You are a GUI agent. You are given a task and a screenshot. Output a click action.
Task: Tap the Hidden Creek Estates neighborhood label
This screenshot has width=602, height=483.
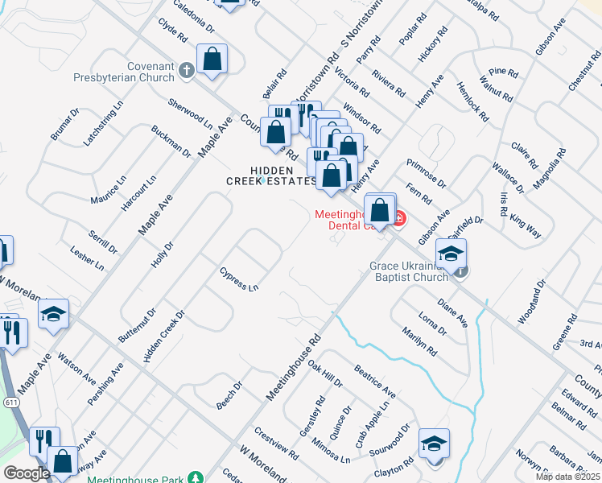tap(271, 175)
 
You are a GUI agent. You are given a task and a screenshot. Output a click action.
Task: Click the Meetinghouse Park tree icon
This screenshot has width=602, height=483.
tap(195, 478)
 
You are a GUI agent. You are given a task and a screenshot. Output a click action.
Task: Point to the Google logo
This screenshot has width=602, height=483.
tap(26, 473)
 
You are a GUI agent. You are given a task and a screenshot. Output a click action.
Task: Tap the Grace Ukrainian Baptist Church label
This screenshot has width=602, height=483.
tap(408, 271)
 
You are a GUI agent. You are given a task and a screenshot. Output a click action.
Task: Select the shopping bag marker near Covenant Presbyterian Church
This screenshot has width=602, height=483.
tap(212, 59)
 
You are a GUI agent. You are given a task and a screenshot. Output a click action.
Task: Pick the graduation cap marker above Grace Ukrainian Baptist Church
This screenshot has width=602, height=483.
tap(451, 253)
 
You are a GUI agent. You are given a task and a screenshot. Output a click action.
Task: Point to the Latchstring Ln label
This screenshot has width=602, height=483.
tap(104, 123)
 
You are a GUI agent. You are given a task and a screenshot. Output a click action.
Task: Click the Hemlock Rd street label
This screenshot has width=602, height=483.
tap(472, 101)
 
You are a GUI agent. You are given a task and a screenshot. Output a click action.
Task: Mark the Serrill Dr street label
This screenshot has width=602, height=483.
tap(102, 239)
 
